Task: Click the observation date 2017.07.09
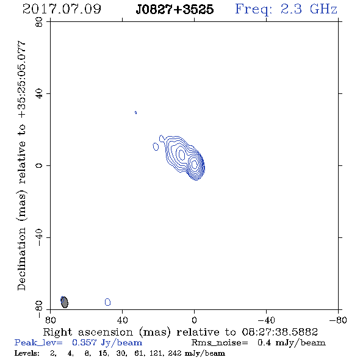[62, 9]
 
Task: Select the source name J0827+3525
[175, 9]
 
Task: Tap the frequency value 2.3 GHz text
[309, 9]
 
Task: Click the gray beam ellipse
[65, 302]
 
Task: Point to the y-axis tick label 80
[39, 22]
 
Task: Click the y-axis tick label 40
[39, 94]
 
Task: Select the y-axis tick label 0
[39, 165]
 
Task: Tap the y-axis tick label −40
[39, 237]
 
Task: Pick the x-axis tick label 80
[50, 320]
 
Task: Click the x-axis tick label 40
[122, 320]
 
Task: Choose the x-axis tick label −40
[266, 320]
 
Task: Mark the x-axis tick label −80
[338, 320]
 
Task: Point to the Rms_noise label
[220, 343]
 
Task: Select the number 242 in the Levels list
[175, 353]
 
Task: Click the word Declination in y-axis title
[21, 259]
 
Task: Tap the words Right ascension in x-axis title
[88, 332]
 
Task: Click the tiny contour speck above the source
[135, 112]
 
